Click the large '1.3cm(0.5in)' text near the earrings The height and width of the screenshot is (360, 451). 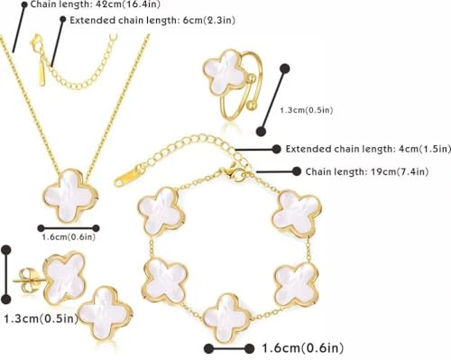(40, 318)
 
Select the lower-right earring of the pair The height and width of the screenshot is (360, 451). (100, 313)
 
